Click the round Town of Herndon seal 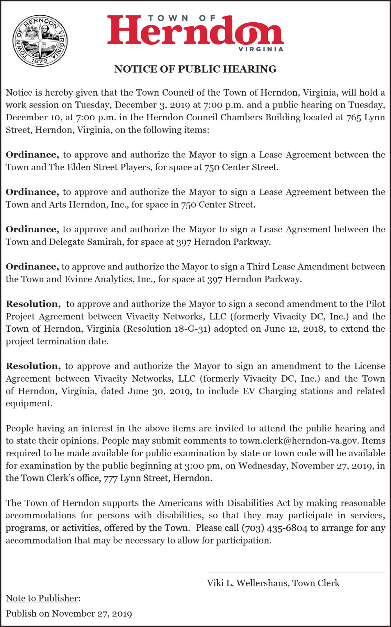coord(40,41)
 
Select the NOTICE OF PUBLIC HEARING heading coord(195,69)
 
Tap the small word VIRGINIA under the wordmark coord(261,49)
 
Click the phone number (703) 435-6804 coord(274,528)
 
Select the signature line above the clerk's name coord(296,572)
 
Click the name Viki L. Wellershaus coord(247,583)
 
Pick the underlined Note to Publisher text coord(42,598)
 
